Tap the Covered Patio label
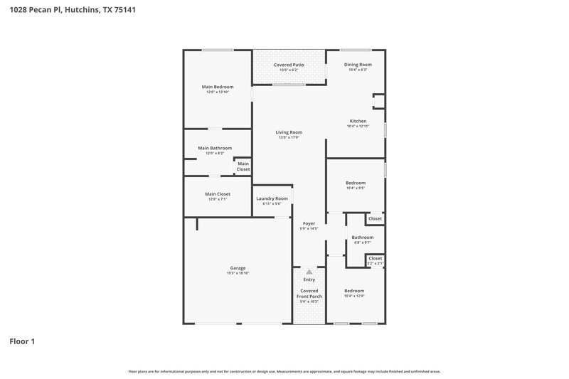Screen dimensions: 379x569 [289, 65]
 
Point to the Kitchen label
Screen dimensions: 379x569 [357, 121]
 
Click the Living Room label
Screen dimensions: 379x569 [289, 132]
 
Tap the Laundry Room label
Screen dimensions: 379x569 [272, 198]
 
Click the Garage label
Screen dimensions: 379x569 [238, 268]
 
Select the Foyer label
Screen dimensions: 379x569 [309, 223]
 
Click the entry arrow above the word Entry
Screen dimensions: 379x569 [309, 272]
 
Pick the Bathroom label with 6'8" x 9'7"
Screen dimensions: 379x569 [363, 237]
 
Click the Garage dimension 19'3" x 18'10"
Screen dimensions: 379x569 [238, 273]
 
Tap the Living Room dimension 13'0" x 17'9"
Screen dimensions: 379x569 [289, 137]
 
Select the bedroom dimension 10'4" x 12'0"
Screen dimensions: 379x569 [354, 296]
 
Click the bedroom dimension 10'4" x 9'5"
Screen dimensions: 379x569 [356, 188]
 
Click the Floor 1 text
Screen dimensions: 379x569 [22, 341]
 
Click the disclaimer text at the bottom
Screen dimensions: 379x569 [284, 371]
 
